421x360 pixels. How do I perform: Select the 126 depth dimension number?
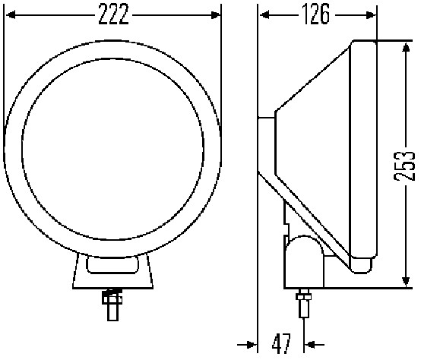coord(318,14)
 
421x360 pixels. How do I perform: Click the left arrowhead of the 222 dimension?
coord(10,14)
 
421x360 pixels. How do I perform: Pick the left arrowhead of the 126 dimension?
coord(263,14)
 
